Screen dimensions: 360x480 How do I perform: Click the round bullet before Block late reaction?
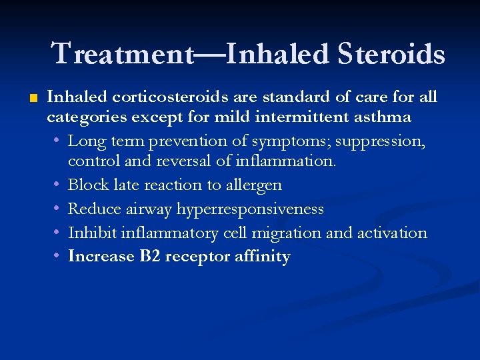point(58,185)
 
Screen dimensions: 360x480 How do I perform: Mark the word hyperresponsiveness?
point(250,209)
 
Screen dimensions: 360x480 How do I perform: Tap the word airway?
point(149,209)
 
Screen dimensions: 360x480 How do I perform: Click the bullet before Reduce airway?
point(58,209)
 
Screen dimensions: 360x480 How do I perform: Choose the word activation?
point(393,233)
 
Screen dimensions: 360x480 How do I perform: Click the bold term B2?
point(150,257)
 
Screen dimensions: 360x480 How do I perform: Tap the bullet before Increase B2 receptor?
point(58,257)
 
